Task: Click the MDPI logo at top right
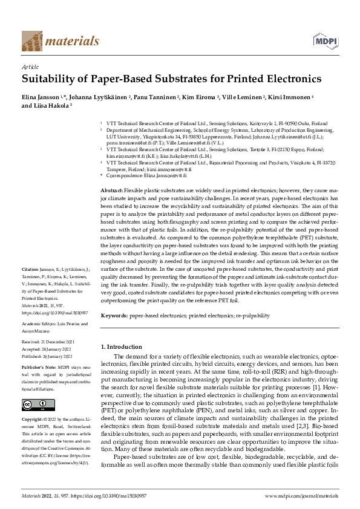pos(324,41)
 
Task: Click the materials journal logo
pos(60,41)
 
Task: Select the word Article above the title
pos(30,66)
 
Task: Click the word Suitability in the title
pos(51,79)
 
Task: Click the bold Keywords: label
pos(114,316)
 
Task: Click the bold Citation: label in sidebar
pos(30,268)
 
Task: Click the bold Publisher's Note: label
pos(39,366)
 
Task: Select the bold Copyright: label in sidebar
pos(34,419)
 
